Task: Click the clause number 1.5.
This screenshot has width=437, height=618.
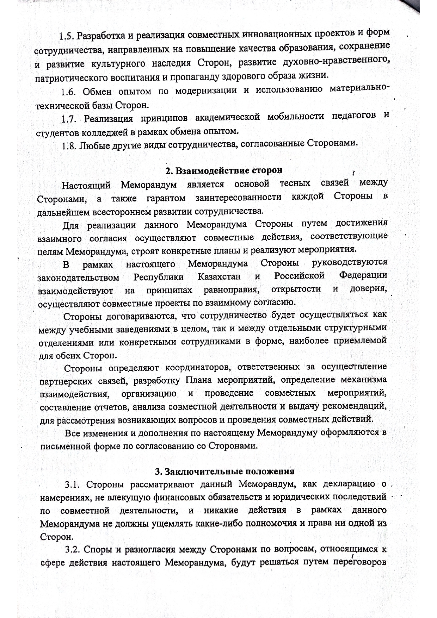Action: coord(66,36)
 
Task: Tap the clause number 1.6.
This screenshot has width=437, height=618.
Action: coord(68,92)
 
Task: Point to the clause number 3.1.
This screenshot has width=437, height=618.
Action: coord(73,484)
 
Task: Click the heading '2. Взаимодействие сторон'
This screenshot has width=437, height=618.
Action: coord(224,170)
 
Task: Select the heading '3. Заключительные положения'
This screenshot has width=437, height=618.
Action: coord(224,471)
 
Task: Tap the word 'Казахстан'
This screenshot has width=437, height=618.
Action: coord(219,277)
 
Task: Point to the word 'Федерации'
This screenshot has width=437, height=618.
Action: coord(363,275)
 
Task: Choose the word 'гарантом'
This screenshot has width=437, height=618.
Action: coord(166,198)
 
